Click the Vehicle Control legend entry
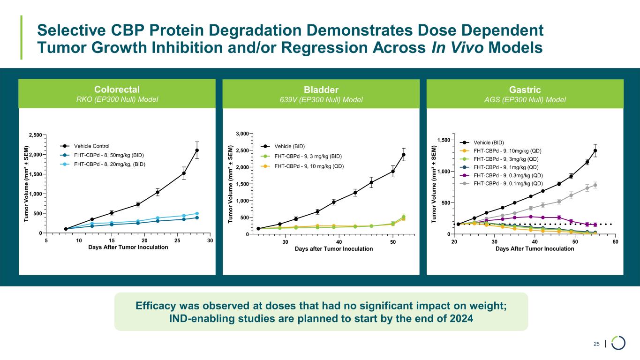pos(92,146)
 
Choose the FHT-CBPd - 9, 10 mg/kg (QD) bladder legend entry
pos(307,166)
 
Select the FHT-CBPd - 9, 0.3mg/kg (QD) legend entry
pos(509,175)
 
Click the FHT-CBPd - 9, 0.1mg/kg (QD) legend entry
pos(509,183)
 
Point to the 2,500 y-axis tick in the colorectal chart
pos(34,135)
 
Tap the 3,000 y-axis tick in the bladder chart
pos(241,134)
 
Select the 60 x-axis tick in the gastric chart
pos(615,241)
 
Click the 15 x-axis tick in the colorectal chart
pos(112,240)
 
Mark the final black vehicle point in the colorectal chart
pos(197,150)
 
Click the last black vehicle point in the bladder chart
pos(404,155)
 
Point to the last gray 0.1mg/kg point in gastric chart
pos(595,185)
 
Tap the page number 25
pos(596,345)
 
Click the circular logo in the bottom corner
pos(618,343)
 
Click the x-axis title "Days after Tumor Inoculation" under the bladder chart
pos(334,248)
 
